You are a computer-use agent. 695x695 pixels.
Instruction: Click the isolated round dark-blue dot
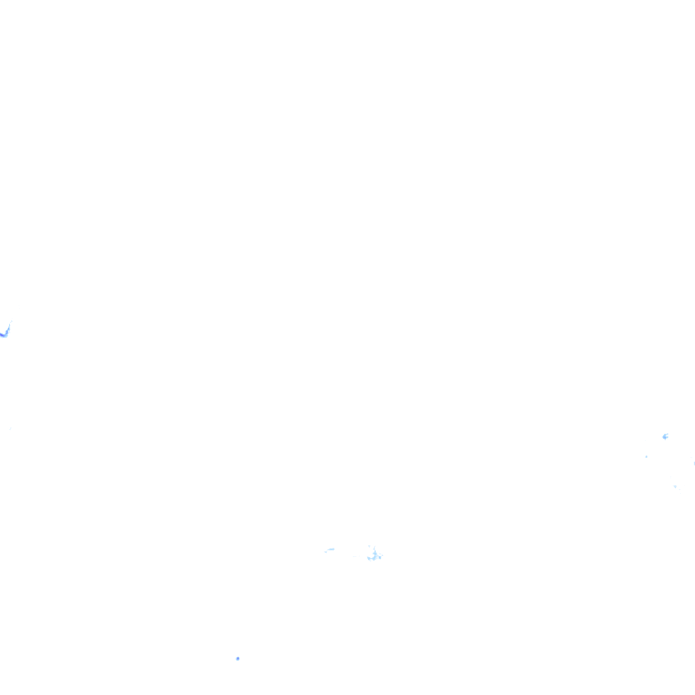[238, 658]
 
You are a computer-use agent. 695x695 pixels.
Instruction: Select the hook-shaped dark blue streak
[6, 331]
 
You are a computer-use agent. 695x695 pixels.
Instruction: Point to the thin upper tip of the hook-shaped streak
[11, 322]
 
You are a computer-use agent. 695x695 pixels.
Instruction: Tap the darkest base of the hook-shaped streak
[3, 335]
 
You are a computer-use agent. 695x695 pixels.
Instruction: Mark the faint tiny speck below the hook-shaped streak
[10, 428]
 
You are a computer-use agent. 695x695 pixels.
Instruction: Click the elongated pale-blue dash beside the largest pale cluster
[330, 550]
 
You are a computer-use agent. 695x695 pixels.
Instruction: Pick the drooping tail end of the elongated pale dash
[326, 551]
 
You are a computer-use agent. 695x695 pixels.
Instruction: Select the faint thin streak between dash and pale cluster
[354, 557]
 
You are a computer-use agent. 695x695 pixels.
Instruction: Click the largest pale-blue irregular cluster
[373, 556]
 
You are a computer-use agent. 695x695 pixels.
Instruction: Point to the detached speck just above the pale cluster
[369, 546]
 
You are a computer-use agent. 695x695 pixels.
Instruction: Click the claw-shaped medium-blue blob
[665, 436]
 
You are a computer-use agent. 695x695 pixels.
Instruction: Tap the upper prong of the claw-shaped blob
[666, 434]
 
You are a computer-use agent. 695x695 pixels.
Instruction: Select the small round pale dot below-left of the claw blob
[646, 457]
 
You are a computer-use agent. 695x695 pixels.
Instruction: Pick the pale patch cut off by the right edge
[694, 464]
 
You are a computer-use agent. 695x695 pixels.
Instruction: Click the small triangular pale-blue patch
[675, 486]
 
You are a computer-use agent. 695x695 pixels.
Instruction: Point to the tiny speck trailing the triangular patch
[677, 488]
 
